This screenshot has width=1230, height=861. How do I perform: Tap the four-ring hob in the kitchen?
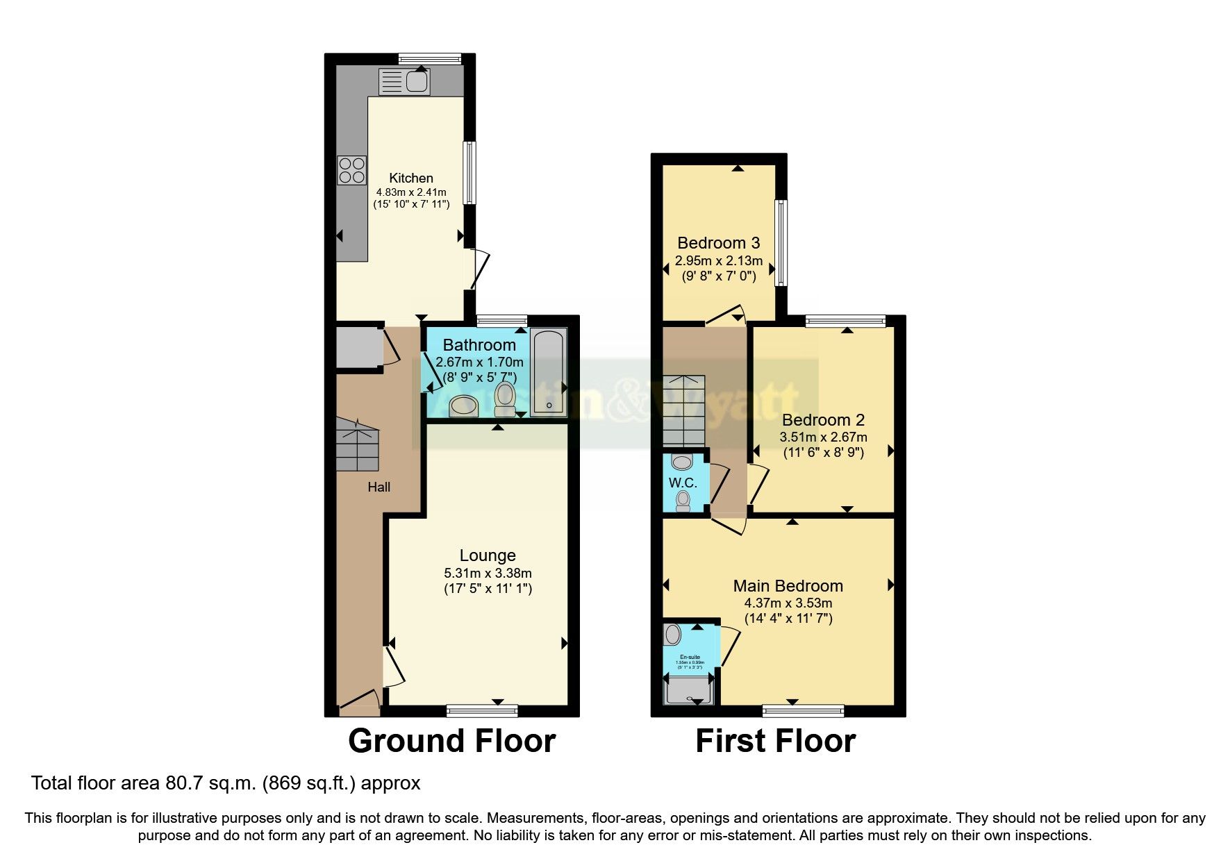click(352, 170)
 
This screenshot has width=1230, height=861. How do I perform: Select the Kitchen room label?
click(410, 178)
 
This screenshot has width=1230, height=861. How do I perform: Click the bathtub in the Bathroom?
click(549, 373)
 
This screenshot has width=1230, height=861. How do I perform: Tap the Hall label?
click(379, 487)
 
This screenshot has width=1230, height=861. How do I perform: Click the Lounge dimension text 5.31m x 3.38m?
click(488, 573)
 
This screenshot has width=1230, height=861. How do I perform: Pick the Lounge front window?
click(482, 710)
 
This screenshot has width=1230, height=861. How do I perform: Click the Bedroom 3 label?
click(718, 243)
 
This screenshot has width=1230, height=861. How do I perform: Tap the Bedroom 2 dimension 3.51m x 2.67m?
click(823, 437)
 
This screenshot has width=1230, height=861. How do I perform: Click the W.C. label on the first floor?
click(682, 483)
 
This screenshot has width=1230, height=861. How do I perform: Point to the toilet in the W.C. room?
click(683, 500)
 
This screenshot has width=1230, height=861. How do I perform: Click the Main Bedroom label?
click(788, 585)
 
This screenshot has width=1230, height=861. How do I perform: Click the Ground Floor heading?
click(451, 741)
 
